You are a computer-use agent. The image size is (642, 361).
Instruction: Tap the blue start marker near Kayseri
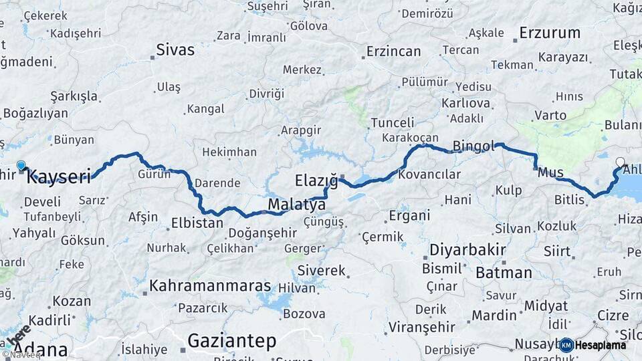(x=21, y=165)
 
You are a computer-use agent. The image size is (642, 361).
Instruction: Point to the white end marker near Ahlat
(x=620, y=162)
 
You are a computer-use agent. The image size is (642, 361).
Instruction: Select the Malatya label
(x=297, y=204)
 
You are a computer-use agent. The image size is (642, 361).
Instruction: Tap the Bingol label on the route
(x=473, y=146)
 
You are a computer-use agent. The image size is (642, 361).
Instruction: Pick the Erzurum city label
(x=550, y=33)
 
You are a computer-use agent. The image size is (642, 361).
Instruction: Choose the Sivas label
(x=175, y=49)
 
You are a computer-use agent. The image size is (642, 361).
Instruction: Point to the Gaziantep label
(x=231, y=340)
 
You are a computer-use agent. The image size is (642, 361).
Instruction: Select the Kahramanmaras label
(x=210, y=286)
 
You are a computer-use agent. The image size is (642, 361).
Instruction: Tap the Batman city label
(x=504, y=272)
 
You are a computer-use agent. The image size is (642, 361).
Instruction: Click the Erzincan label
(x=393, y=51)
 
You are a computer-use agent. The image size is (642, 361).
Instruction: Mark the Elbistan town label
(x=197, y=223)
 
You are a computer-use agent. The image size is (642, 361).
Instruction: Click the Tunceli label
(x=393, y=123)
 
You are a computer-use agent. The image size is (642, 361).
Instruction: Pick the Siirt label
(x=558, y=252)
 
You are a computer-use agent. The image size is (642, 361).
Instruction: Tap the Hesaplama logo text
(x=601, y=345)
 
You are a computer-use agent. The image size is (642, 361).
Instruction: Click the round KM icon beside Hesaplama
(x=566, y=345)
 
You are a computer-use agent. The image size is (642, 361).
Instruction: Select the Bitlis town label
(x=570, y=199)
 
